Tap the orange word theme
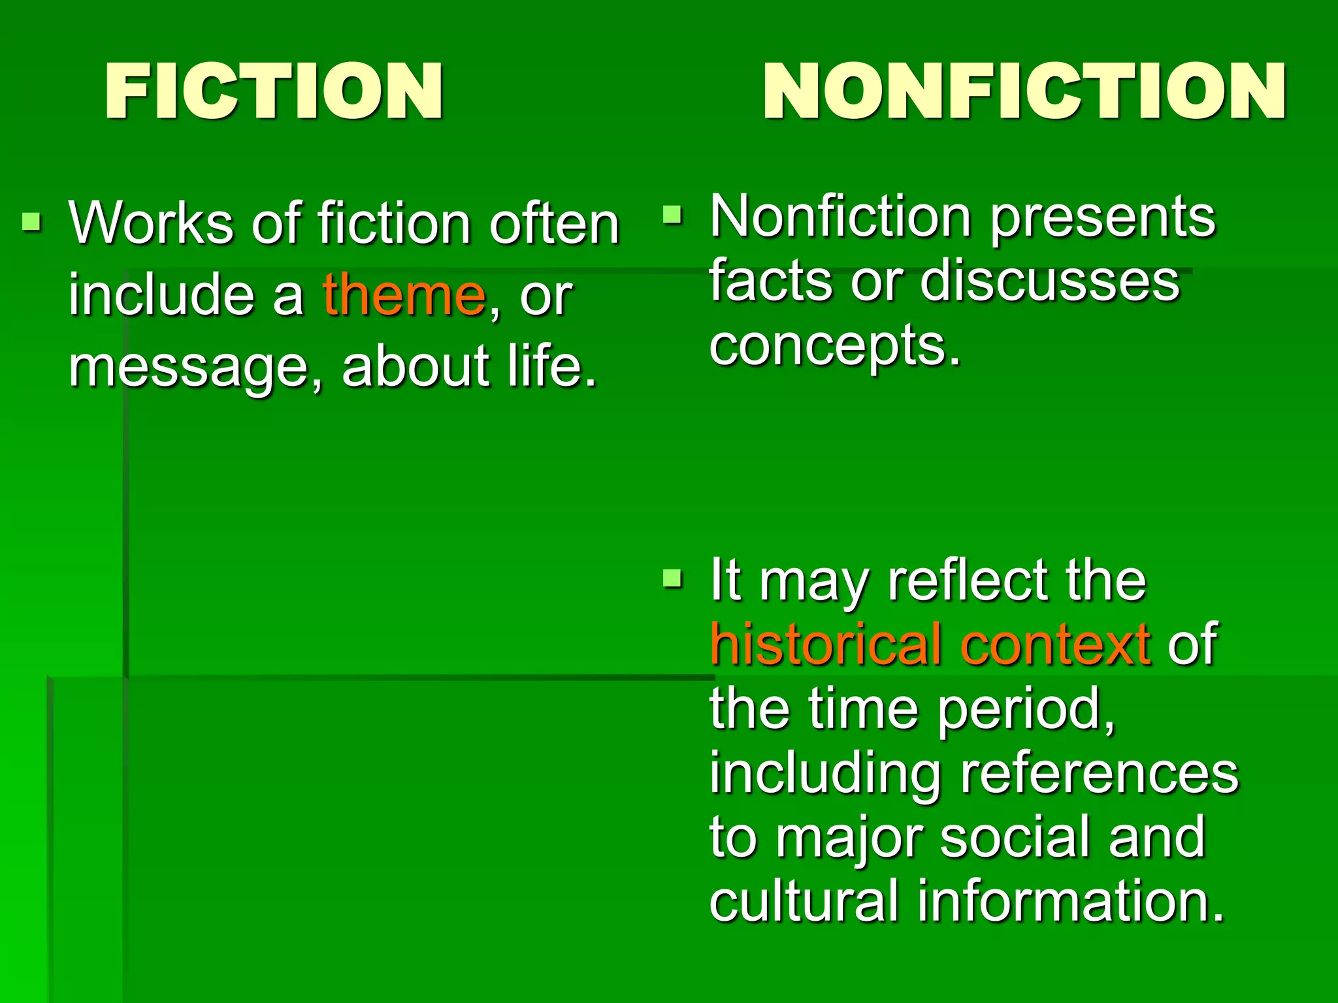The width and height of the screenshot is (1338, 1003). pyautogui.click(x=404, y=295)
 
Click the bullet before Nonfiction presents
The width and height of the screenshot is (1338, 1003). pyautogui.click(x=672, y=215)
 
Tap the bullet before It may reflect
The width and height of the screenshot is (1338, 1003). pyautogui.click(x=672, y=578)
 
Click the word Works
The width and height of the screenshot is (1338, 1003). pyautogui.click(x=151, y=223)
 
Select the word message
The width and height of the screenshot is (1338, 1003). pyautogui.click(x=188, y=367)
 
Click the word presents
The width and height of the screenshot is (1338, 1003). pyautogui.click(x=1103, y=218)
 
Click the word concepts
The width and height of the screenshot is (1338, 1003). pyautogui.click(x=834, y=346)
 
